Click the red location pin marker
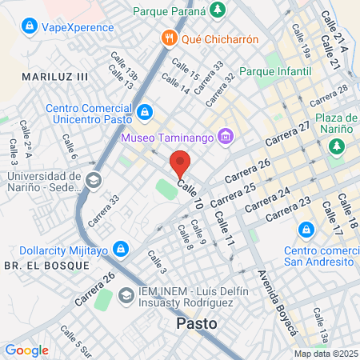pos(180,165)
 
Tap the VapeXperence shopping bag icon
pos(30,26)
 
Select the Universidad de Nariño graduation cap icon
pos(94,180)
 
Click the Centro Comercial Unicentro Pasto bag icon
pos(144,113)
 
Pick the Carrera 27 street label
pos(294,133)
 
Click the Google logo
pos(26,350)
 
